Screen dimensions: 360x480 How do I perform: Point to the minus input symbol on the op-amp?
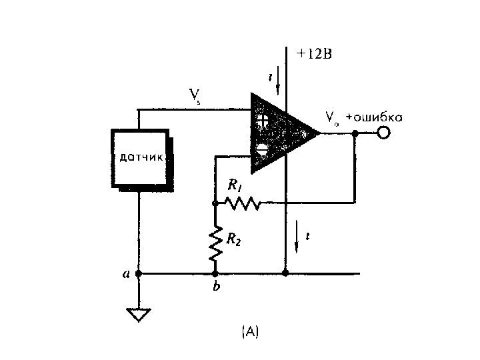(263, 150)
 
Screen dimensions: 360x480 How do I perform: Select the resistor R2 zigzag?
(215, 243)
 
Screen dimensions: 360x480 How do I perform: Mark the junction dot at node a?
(139, 273)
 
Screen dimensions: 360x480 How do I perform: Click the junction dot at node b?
(215, 273)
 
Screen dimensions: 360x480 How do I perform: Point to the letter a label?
(125, 273)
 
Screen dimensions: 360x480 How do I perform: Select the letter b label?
(215, 288)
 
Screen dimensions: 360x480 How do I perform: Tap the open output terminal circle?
(383, 133)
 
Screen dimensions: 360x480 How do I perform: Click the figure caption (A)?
(250, 331)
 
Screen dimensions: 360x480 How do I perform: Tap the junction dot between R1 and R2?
(215, 202)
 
